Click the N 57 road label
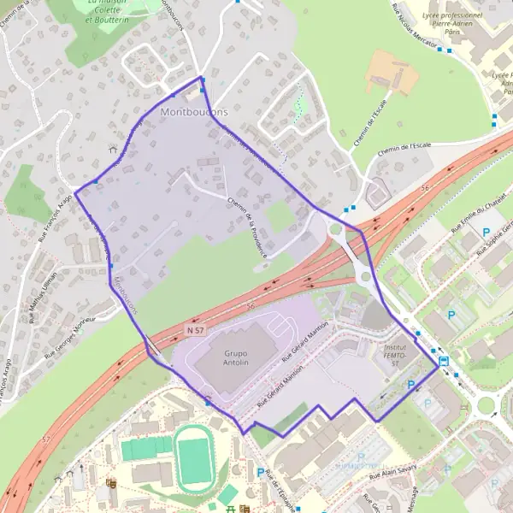[x=196, y=329]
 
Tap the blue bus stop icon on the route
[x=444, y=361]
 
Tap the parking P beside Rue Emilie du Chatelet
[x=486, y=233]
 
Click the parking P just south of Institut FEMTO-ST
[x=412, y=386]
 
